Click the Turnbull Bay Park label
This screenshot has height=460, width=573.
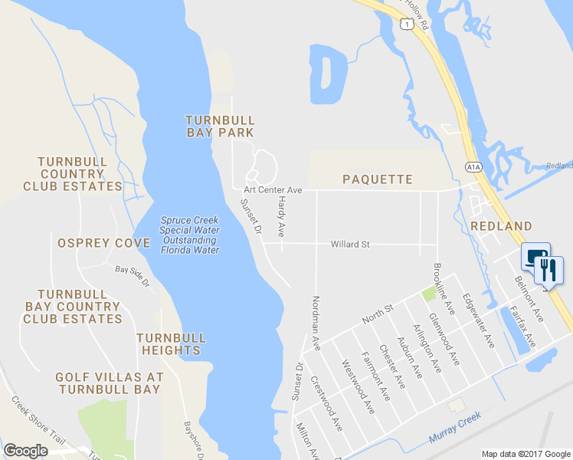pos(220,127)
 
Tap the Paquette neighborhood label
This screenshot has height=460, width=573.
pos(377,179)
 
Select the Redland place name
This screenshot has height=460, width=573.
pos(501,226)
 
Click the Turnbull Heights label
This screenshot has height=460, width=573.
pos(171,343)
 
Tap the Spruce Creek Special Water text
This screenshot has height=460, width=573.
pos(189,235)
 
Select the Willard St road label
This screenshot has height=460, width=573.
pos(350,245)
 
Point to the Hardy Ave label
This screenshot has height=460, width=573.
pos(281,215)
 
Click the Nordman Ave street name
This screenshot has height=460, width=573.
pos(316,319)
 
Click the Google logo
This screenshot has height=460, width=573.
pos(25,451)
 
